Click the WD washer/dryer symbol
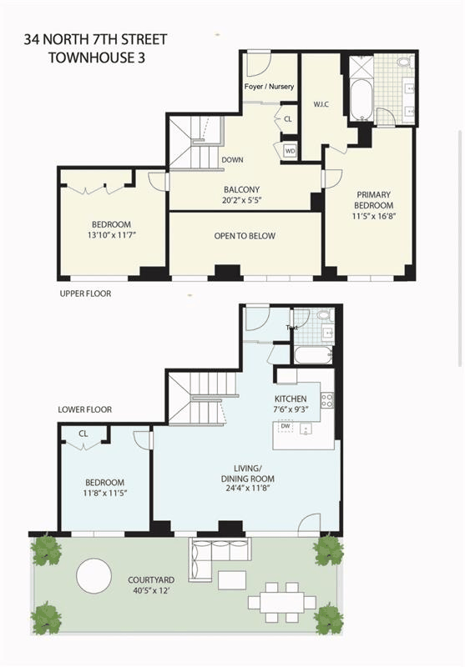pos(290,151)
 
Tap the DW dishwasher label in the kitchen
pos(286,426)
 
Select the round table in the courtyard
pos(94,575)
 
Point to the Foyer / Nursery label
pos(269,87)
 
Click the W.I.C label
pos(321,104)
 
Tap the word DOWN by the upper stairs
pos(232,160)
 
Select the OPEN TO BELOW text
pos(245,236)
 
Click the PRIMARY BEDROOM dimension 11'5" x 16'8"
pos(374,216)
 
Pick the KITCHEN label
pos(291,399)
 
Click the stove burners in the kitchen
pos(327,400)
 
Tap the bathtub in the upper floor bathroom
pos(361,100)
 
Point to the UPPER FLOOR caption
pos(86,293)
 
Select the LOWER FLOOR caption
pos(85,409)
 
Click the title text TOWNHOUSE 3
pos(97,58)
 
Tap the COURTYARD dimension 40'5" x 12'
pos(151,590)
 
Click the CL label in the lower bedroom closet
pos(83,434)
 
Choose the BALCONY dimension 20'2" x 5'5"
pos(241,200)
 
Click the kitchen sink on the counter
pos(306,429)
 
